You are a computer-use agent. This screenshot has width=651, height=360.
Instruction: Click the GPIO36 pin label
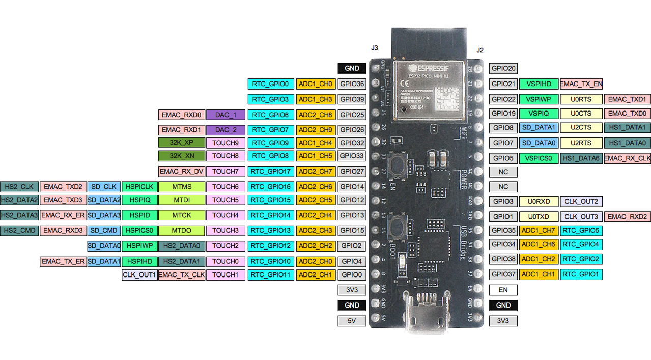(352, 84)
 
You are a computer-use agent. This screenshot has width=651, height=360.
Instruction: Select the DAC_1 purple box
(225, 115)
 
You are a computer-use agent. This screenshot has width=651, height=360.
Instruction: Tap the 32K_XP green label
(181, 143)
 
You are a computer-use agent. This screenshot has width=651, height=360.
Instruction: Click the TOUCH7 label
(225, 172)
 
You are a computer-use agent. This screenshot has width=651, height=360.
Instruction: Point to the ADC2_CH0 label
(315, 262)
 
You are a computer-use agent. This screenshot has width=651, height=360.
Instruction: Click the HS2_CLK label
(19, 187)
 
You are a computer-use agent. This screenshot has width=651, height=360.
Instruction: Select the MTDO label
(181, 231)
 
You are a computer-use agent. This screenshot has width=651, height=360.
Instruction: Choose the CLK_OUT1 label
(139, 275)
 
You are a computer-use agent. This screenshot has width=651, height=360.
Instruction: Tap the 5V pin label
(352, 321)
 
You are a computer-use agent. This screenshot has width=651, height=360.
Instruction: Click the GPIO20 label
(503, 68)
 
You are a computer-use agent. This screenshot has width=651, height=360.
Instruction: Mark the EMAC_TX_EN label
(581, 84)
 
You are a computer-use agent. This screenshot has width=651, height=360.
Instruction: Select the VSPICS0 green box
(539, 158)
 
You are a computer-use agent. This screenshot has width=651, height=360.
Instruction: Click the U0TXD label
(539, 217)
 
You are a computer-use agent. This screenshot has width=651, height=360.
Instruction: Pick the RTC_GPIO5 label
(581, 231)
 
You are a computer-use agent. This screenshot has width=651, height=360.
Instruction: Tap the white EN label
(503, 290)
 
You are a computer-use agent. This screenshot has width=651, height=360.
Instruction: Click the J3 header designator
(375, 48)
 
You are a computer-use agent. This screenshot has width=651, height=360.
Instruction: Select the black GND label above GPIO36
(352, 68)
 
